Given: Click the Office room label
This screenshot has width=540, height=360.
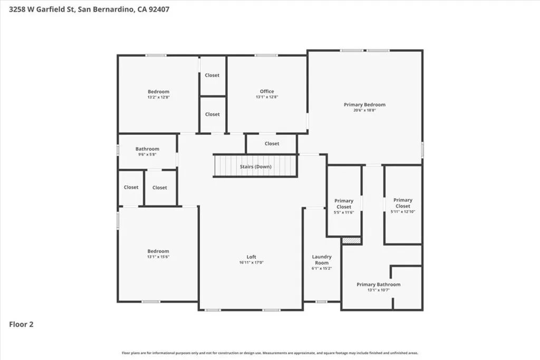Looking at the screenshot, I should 267,91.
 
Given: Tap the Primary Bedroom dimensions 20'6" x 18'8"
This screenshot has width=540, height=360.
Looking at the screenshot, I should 364,110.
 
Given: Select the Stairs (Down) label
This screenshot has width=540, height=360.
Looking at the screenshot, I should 256,167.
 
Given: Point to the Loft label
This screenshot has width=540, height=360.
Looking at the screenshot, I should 252,257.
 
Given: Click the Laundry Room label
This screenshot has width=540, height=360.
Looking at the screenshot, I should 322,259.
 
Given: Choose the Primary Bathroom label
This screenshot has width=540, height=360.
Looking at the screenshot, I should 378,285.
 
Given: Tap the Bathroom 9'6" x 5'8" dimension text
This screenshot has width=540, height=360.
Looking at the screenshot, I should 147,154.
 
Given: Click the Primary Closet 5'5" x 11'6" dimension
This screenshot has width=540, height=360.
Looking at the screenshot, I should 344,212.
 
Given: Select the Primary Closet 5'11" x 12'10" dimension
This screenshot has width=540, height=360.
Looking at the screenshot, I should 403,212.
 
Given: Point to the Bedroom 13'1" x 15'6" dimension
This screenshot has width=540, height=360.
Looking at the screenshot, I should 158,257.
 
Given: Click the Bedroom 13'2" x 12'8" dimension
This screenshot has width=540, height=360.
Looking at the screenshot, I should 158,97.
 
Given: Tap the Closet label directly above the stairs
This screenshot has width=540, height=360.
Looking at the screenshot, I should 272,143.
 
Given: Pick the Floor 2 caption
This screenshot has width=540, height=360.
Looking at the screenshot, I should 21,325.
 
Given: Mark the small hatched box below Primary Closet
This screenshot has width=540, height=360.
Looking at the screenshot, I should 351,240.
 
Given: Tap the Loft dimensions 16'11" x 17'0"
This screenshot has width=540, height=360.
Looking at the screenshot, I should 252,262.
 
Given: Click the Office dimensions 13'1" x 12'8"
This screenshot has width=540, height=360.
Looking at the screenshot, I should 267,97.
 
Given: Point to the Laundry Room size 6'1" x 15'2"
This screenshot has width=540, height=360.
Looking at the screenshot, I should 322,268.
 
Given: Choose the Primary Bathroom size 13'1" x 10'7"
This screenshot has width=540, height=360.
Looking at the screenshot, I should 378,290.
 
